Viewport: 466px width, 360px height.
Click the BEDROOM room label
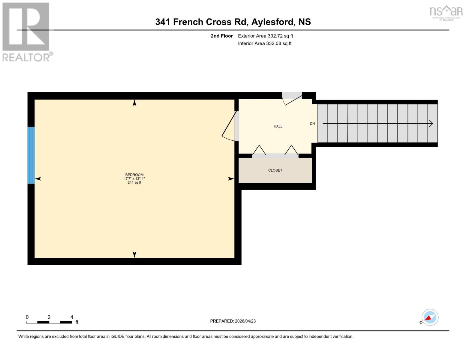[134, 175]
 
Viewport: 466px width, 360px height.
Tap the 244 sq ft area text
[134, 182]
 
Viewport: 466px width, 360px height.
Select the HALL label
[278, 126]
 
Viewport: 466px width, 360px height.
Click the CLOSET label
[275, 170]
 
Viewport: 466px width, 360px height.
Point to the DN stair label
[312, 123]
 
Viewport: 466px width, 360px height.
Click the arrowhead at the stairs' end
[431, 123]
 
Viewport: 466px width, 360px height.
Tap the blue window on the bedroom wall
[31, 155]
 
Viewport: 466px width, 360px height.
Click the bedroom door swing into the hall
[230, 126]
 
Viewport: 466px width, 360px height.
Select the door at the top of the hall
[292, 98]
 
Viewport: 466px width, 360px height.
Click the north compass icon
[430, 317]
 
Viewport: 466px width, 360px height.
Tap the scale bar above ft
[49, 322]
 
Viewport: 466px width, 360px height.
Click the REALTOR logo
[26, 31]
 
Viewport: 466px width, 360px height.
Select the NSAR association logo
[446, 12]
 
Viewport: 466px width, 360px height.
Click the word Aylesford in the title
[272, 22]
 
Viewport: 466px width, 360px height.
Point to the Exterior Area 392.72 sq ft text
[265, 36]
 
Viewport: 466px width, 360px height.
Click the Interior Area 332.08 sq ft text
[265, 43]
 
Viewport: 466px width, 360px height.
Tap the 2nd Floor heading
[221, 36]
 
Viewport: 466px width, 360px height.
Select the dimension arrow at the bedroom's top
[134, 103]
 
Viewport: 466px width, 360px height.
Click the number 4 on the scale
[72, 317]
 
